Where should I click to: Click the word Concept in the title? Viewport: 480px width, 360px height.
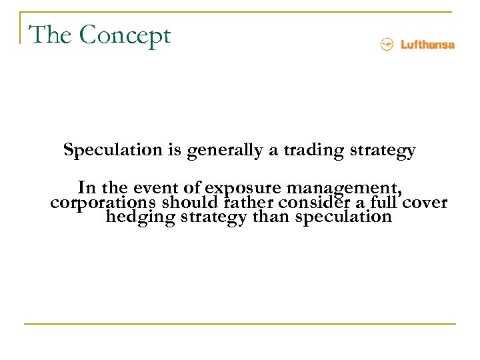click(125, 35)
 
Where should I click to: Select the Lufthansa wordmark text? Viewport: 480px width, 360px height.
click(427, 45)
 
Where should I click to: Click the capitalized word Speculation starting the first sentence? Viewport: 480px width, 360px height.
click(113, 151)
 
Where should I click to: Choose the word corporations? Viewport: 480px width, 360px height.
click(103, 203)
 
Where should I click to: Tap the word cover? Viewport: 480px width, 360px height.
click(423, 202)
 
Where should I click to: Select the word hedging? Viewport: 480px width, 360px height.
click(139, 218)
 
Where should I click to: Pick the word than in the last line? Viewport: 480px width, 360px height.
click(271, 217)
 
